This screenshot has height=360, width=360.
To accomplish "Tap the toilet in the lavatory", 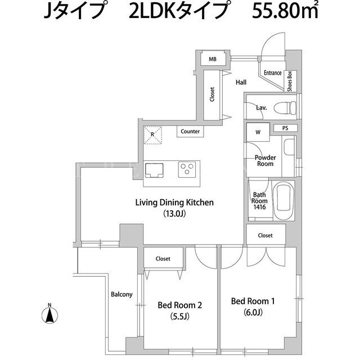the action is [285, 107].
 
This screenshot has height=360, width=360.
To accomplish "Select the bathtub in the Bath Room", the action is [284, 200].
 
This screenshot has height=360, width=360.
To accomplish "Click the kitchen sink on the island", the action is [154, 170].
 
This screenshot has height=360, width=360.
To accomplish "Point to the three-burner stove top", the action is [187, 169].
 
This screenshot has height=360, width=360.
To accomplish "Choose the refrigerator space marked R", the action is [152, 135].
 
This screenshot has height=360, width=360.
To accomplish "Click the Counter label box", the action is [190, 131].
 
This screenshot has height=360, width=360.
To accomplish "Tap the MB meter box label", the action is [213, 59].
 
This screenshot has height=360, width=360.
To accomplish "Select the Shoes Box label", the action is [290, 81].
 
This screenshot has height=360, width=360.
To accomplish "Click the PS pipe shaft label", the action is [285, 128].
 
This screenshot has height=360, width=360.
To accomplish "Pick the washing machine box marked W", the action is [258, 132].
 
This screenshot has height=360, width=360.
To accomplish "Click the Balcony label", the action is [121, 294].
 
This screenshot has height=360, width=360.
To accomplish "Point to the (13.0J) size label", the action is [174, 214].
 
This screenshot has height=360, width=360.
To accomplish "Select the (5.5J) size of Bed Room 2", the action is [180, 316].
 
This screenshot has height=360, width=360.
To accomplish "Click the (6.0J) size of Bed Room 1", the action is [253, 312].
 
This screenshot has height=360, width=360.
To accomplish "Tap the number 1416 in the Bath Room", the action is [259, 207].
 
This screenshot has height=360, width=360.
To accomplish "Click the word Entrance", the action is [272, 73].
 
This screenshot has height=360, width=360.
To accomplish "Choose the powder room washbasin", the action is [289, 147].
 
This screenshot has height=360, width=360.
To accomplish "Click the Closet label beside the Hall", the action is [212, 94].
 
